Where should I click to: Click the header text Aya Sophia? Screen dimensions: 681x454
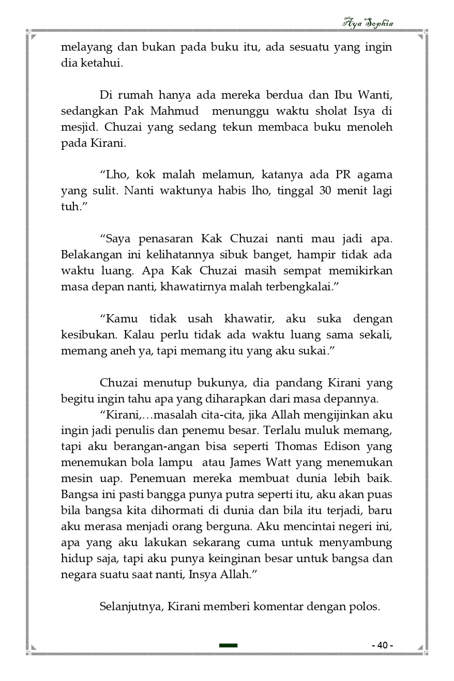368,23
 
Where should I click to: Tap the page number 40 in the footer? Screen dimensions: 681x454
382,645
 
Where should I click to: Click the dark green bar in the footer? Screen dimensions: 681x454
228,645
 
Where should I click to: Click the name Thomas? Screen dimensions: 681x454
297,446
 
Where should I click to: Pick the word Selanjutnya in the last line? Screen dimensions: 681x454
130,606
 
